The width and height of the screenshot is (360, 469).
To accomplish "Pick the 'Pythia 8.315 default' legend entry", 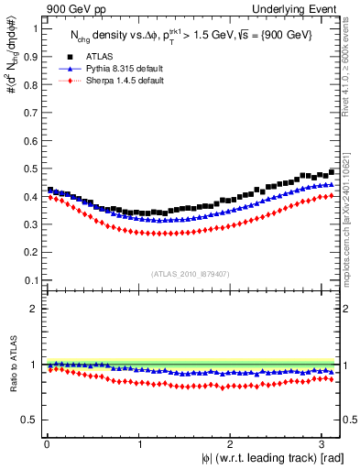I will coord(111,69).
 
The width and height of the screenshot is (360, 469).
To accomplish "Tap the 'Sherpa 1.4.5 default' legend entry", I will coord(111,81).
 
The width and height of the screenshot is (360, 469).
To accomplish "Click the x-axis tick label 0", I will coord(47,444).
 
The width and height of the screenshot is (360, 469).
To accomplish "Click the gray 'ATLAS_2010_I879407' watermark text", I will coord(191,272).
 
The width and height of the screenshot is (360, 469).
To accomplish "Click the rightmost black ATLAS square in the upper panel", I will coord(332,171).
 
